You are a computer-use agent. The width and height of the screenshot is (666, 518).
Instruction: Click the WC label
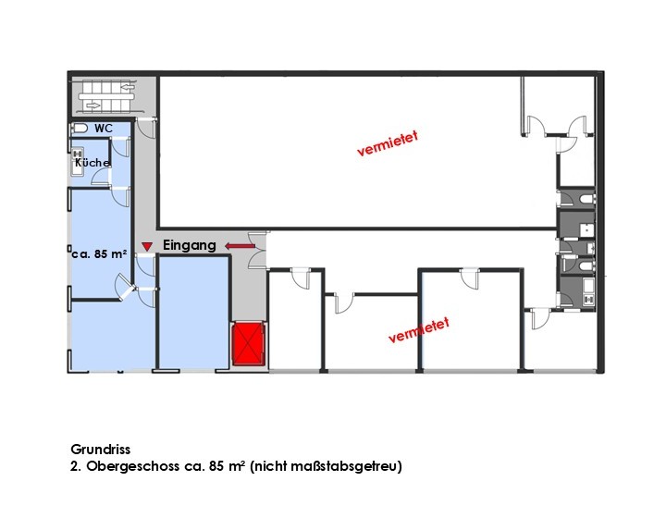[x=104, y=129]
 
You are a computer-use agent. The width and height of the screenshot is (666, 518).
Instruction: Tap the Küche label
[x=92, y=163]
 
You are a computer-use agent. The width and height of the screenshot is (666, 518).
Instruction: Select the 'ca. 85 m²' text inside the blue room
[x=99, y=253]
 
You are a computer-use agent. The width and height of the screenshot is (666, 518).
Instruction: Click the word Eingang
[x=190, y=245]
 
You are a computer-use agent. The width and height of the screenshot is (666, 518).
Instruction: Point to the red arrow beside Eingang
[x=240, y=246]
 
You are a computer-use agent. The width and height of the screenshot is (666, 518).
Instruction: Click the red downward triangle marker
[x=147, y=246]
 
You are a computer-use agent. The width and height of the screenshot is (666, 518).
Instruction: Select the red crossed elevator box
[x=249, y=343]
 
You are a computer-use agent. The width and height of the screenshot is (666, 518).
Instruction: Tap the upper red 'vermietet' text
[x=388, y=143]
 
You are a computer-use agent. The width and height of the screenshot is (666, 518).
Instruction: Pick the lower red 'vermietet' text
[x=419, y=330]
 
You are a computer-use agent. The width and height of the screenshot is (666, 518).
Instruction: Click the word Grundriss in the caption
[x=101, y=450]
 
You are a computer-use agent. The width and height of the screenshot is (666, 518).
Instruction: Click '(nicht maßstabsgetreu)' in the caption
[x=326, y=466]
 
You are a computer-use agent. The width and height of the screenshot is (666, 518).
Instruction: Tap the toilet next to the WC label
[x=80, y=128]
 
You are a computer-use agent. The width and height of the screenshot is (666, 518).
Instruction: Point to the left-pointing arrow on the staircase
[x=128, y=88]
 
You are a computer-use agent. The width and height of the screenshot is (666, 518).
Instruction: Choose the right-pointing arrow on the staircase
[x=93, y=105]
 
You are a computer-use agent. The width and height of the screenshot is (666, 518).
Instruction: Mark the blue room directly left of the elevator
[x=194, y=312]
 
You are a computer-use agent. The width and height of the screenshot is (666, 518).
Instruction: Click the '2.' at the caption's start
[x=76, y=466]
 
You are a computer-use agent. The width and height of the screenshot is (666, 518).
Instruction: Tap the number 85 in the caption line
[x=216, y=466]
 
